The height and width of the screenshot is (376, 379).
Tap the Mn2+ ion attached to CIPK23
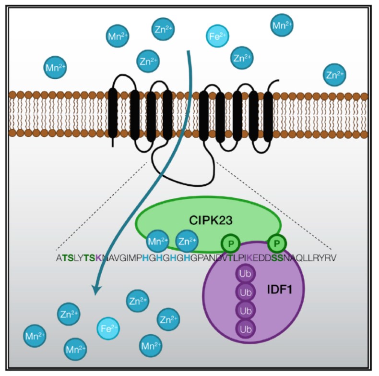point(158,242)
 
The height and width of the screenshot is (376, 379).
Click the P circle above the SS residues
point(276,244)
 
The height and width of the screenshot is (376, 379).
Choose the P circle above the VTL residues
point(231,244)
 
